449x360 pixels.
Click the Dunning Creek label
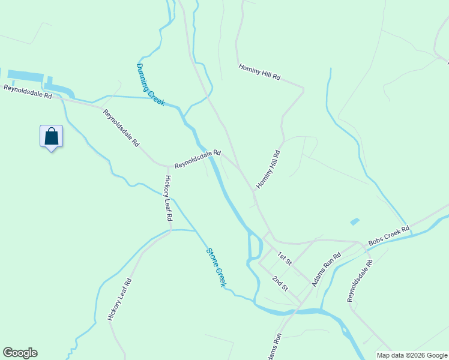(x=150, y=85)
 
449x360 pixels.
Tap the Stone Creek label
(x=215, y=268)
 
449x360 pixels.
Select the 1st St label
(x=284, y=259)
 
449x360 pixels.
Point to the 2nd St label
(x=279, y=283)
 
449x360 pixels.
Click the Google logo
(x=20, y=353)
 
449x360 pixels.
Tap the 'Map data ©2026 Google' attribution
(x=412, y=355)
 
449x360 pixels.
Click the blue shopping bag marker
(x=52, y=136)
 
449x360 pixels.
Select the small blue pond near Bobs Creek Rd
(x=355, y=221)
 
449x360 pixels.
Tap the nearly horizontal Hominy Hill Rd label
(x=259, y=73)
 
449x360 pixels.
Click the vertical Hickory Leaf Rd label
(x=168, y=199)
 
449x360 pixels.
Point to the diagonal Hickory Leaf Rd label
(x=119, y=299)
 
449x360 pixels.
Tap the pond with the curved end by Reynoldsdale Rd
(x=59, y=89)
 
